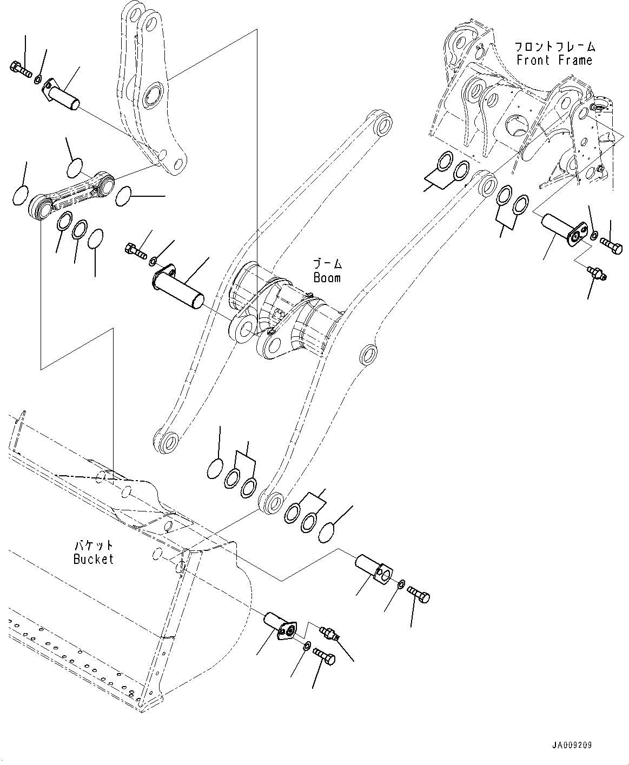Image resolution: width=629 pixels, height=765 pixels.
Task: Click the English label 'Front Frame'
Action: pyautogui.click(x=554, y=60)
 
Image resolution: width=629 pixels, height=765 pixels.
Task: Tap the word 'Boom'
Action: pyautogui.click(x=327, y=277)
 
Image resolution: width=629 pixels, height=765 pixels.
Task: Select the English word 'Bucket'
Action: pyautogui.click(x=94, y=559)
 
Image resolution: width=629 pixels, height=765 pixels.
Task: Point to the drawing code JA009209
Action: pyautogui.click(x=572, y=744)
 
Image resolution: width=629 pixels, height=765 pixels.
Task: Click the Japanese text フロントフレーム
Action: pyautogui.click(x=554, y=46)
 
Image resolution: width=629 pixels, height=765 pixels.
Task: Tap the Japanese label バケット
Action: pyautogui.click(x=94, y=546)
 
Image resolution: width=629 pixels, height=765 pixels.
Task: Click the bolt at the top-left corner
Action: pyautogui.click(x=19, y=68)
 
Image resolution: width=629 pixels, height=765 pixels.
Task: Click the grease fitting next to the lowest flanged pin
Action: pyautogui.click(x=329, y=634)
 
